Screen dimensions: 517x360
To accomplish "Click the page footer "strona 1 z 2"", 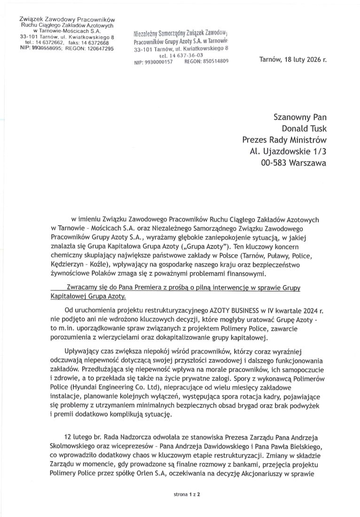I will tap(180, 495).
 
